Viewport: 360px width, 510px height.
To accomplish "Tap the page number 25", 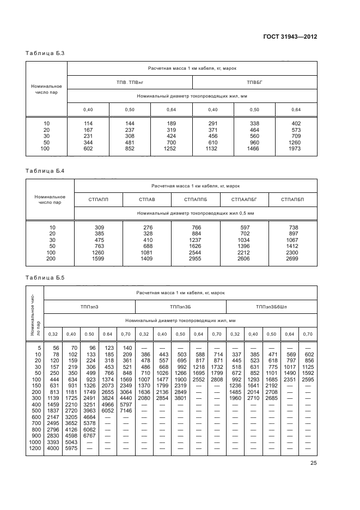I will click(314, 464).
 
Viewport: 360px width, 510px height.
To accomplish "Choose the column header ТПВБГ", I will click(254, 82).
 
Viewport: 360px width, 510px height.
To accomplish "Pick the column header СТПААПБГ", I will click(243, 200).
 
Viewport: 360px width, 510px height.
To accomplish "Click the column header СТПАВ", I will click(147, 200).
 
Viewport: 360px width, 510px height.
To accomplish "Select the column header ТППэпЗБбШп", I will click(271, 307).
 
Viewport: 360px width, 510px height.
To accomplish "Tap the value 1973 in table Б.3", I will click(296, 148).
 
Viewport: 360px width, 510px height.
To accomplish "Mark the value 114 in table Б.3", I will click(88, 124).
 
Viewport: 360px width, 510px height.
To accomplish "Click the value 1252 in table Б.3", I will click(171, 148).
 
